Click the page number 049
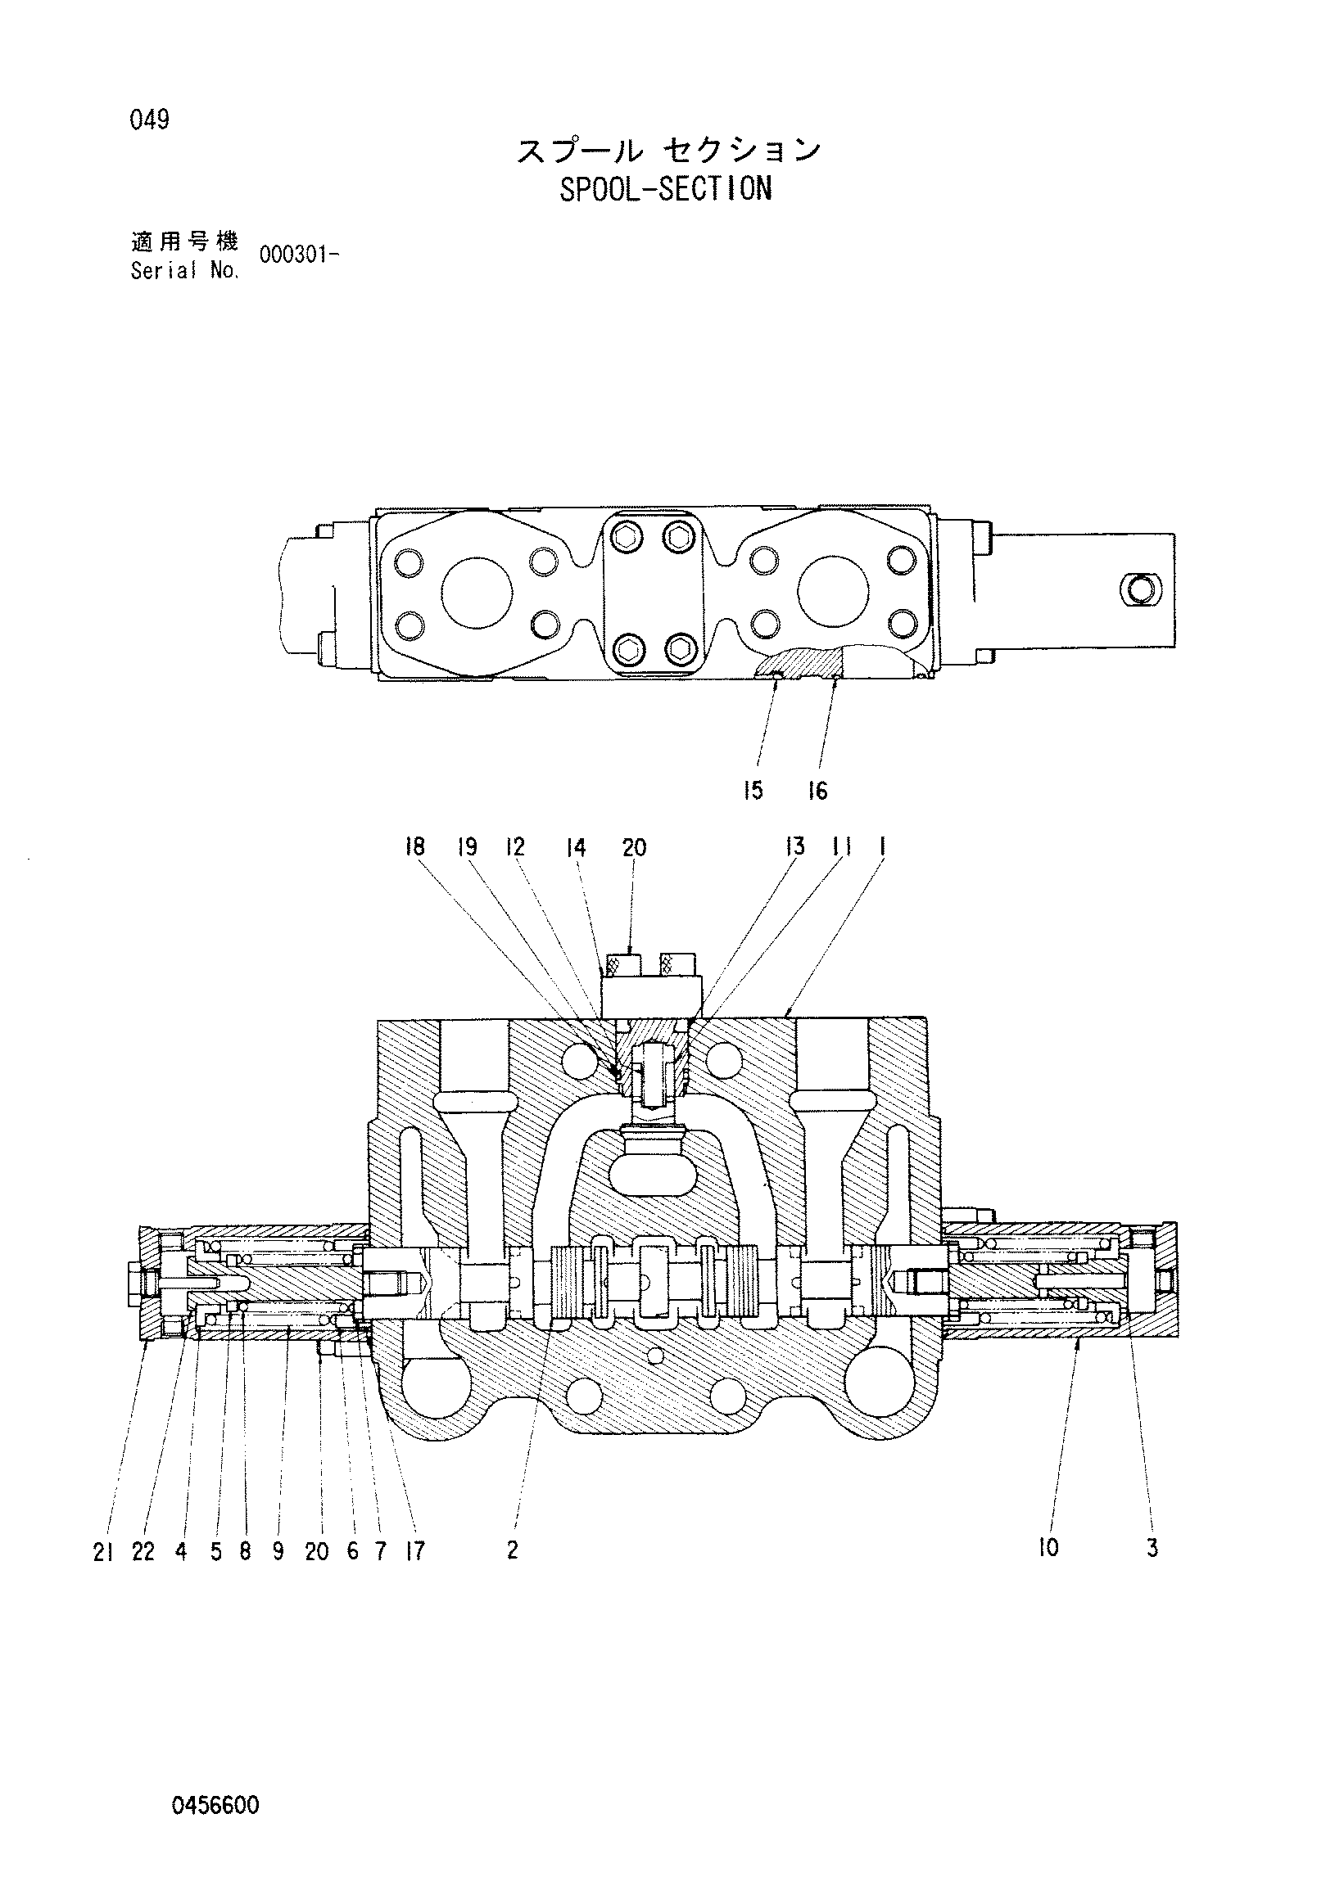coord(149,121)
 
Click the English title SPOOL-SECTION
coord(665,189)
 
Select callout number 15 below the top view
coord(753,791)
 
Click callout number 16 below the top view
coord(818,791)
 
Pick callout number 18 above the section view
coord(414,846)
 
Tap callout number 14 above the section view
coord(576,847)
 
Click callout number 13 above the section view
coord(794,846)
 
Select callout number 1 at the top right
coord(881,846)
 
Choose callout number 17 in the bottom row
coord(414,1551)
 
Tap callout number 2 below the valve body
coord(512,1549)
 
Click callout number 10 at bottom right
coord(1048,1547)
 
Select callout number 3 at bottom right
coord(1152,1547)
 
